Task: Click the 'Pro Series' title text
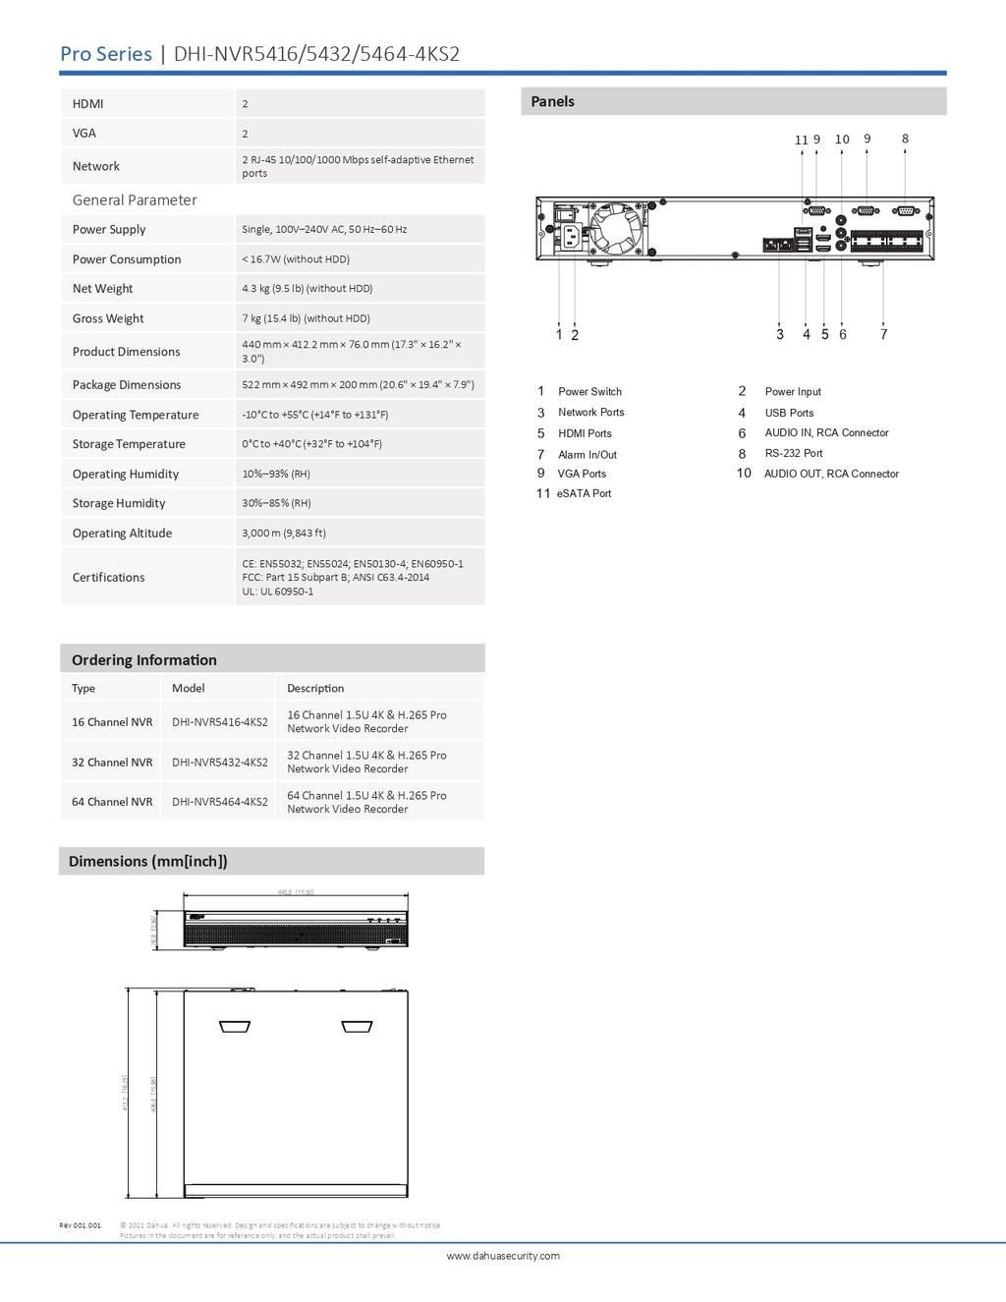(x=106, y=54)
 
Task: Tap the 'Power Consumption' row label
(x=127, y=259)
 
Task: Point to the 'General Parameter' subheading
(x=135, y=200)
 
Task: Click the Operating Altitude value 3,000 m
(x=284, y=534)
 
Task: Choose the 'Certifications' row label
(x=108, y=578)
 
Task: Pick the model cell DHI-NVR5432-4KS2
(x=220, y=763)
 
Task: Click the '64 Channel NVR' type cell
(x=112, y=802)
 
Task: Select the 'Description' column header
(x=315, y=689)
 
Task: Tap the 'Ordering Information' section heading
(x=144, y=660)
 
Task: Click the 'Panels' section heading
(x=552, y=101)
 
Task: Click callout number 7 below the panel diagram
(x=883, y=335)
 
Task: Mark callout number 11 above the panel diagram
(x=801, y=141)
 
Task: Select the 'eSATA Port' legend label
(x=584, y=494)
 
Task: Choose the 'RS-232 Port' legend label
(x=794, y=454)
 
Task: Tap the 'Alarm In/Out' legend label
(x=587, y=455)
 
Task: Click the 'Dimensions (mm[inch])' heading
(x=148, y=862)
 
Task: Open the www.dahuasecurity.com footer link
(x=503, y=1256)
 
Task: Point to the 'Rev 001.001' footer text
(x=80, y=1225)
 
